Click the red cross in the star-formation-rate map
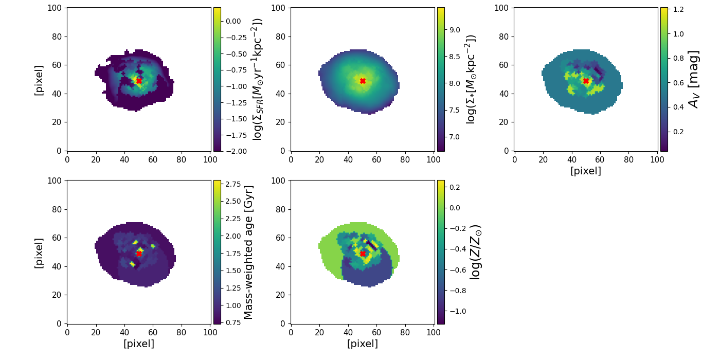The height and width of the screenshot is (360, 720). click(139, 81)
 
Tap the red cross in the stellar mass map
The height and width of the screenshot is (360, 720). click(363, 81)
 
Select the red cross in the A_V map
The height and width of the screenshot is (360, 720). click(586, 81)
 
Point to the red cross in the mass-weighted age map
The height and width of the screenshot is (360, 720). click(139, 254)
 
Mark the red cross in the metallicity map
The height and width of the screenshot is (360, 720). click(363, 254)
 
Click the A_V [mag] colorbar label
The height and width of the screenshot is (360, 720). click(694, 79)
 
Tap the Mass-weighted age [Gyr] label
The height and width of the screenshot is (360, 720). click(248, 252)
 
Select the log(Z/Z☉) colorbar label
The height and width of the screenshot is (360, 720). click(476, 252)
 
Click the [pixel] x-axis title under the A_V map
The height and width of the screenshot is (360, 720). click(586, 171)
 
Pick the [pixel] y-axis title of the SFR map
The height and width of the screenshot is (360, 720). click(39, 80)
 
